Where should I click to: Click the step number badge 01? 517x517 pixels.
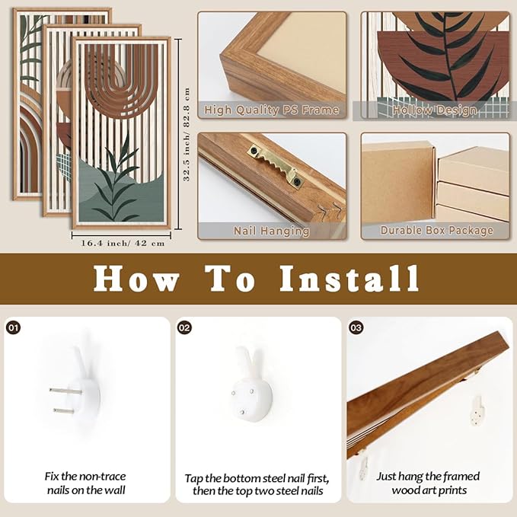coord(14,327)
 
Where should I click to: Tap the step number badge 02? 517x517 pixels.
coord(184,327)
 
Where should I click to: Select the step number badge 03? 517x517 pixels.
coord(356,327)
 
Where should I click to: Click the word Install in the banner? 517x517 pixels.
coord(349,279)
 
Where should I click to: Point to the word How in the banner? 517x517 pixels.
coord(136,279)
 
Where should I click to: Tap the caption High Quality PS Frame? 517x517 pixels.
coord(271,110)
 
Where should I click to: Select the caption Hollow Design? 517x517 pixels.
coord(435,110)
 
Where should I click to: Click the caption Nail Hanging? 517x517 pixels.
coord(271,231)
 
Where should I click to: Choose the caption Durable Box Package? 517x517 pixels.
coord(436,230)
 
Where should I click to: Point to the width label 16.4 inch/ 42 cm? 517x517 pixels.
coord(123,244)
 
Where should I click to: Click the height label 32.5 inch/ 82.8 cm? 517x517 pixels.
coord(187,135)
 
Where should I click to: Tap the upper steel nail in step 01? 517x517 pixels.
coord(65,391)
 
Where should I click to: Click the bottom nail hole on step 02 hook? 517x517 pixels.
coord(242,412)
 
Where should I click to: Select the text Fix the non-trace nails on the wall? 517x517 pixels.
coord(86,483)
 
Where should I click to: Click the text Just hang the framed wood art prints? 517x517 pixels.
coord(429,483)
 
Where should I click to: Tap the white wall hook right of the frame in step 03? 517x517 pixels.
coord(477,411)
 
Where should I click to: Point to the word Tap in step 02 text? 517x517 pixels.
coord(193,479)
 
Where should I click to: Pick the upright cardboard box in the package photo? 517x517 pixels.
coord(399,184)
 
